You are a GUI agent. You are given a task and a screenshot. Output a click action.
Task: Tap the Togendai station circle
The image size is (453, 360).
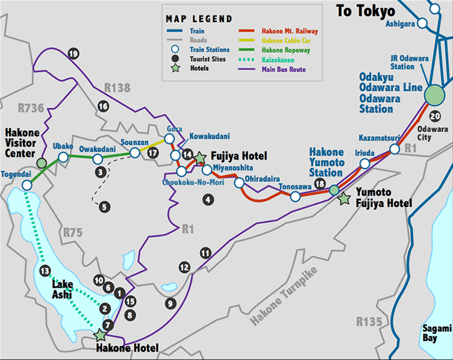[x=26, y=185]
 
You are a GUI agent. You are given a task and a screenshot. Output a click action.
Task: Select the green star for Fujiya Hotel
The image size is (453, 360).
[x=201, y=158]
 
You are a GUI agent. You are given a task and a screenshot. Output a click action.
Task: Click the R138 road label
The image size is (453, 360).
[x=117, y=88]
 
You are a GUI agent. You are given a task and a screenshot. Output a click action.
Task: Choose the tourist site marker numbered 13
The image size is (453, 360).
[x=43, y=272]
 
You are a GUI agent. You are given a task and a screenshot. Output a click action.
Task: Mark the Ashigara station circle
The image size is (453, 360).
[x=423, y=23]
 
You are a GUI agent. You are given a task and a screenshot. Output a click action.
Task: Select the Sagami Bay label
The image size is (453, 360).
[x=436, y=333]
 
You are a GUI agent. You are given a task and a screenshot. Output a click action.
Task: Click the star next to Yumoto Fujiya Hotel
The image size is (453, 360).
[x=344, y=199]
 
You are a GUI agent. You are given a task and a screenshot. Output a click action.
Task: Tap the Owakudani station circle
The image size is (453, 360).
[x=97, y=159]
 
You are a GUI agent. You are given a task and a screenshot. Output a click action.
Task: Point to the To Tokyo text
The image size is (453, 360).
[x=366, y=11]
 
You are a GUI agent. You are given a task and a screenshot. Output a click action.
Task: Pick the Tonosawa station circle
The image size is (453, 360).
[x=295, y=197]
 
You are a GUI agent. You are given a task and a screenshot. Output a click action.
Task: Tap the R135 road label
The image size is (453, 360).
[x=368, y=322]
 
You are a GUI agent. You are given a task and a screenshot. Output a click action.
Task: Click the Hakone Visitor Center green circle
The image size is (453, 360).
[x=41, y=163]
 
